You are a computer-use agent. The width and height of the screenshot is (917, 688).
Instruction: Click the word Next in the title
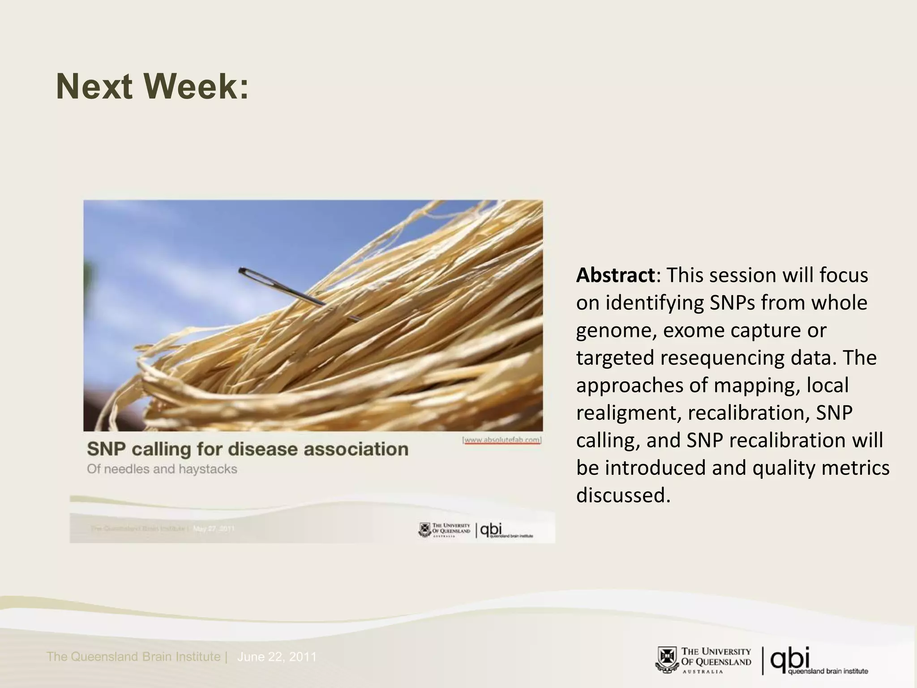pos(94,86)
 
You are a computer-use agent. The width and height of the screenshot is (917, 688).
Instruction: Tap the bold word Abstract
pos(615,275)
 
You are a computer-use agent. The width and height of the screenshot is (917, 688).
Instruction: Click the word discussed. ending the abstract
pos(623,495)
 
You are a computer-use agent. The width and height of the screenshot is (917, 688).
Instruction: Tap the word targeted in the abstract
pos(614,358)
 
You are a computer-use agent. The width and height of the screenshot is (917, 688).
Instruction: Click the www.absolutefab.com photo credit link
pos(502,440)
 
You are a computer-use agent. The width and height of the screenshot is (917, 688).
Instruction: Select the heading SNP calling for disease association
pos(248,449)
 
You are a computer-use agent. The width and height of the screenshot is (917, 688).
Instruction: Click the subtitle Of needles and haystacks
pos(162,469)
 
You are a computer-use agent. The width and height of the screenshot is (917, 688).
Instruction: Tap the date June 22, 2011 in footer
pos(277,657)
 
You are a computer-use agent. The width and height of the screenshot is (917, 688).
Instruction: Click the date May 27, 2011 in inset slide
pos(214,529)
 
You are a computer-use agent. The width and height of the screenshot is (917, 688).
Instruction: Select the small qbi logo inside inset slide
pos(490,530)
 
